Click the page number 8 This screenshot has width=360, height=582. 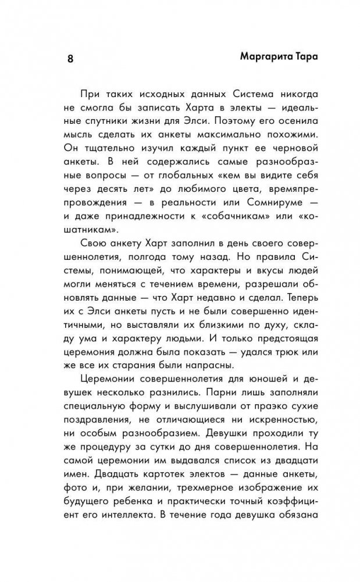70,59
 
